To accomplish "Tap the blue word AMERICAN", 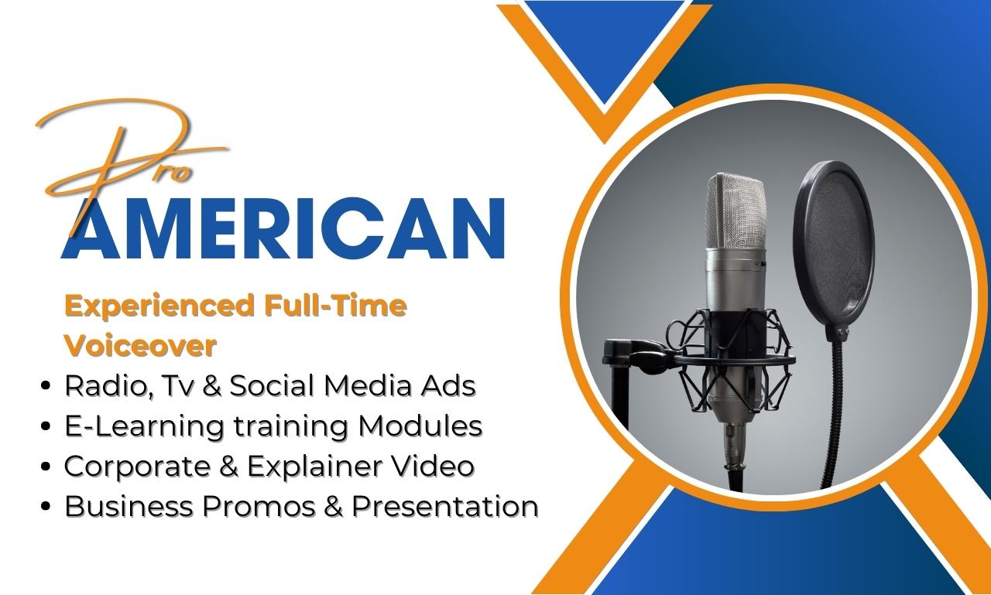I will (283, 229).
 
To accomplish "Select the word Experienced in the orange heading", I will (159, 306).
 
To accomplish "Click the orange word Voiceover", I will (140, 346).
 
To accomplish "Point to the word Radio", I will (100, 385).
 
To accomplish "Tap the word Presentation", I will (445, 506).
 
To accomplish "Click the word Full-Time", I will (335, 306).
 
